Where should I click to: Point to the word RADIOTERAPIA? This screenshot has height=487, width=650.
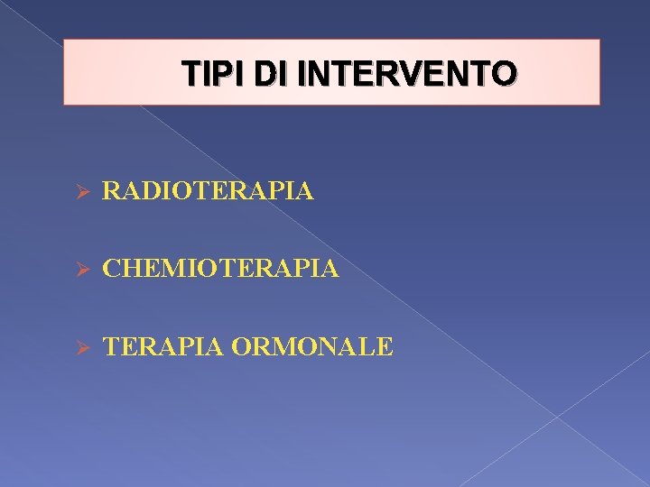[209, 191]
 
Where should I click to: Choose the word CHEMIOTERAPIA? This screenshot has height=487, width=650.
[221, 268]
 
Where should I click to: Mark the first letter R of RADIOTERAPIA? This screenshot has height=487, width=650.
[112, 191]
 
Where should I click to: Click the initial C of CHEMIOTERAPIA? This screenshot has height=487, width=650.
[112, 268]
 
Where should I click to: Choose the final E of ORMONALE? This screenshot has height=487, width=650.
[385, 346]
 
